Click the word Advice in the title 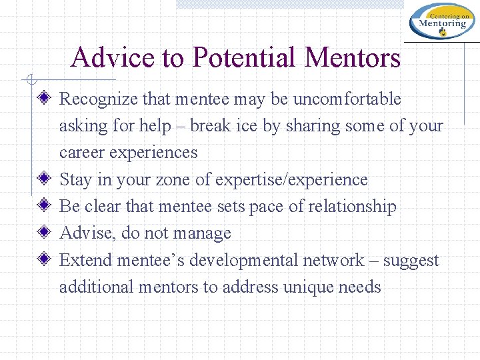point(104,57)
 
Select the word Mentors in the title point(353,57)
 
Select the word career point(80,153)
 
